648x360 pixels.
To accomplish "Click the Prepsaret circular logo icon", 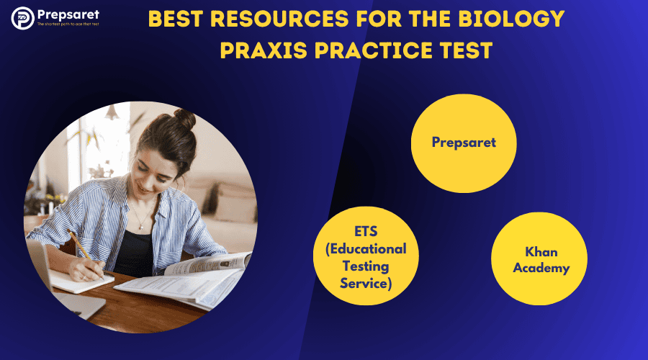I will (22, 18).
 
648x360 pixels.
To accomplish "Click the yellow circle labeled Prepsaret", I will (464, 143).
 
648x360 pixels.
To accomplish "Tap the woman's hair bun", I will (184, 119).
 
